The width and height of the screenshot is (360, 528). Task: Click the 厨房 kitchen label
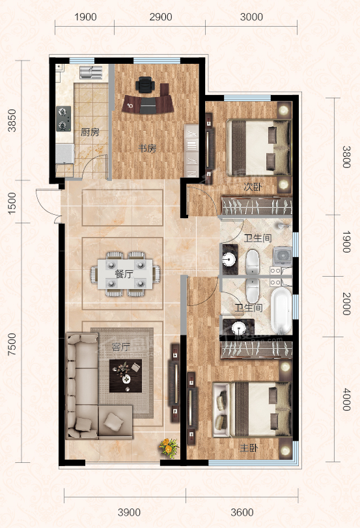pos(90,132)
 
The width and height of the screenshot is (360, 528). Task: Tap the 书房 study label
pos(148,148)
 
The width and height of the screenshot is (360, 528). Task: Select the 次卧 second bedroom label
pos(252,187)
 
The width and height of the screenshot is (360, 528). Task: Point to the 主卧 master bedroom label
pos(249,448)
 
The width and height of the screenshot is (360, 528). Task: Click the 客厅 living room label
pos(121,347)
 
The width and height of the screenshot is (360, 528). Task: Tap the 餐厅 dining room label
pos(124,273)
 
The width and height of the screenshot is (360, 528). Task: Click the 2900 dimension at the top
pos(161,17)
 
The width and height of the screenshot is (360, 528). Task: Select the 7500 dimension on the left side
pos(12,344)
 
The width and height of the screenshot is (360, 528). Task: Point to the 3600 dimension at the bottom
pos(242,512)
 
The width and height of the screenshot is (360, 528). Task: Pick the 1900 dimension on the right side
pos(346,242)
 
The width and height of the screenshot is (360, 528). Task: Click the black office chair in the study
pos(145,84)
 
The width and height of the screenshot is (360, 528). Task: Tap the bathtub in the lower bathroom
pos(281,310)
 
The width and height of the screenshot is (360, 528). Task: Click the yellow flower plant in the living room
pos(169,447)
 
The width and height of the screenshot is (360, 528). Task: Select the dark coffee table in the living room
pos(126,376)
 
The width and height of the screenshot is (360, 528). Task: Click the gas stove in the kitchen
pos(63,118)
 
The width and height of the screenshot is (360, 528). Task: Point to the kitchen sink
pos(91,72)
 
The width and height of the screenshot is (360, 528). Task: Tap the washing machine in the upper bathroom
pos(283,256)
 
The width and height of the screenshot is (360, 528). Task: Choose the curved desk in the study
pos(148,104)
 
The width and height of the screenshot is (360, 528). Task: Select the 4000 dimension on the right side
pos(346,399)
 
